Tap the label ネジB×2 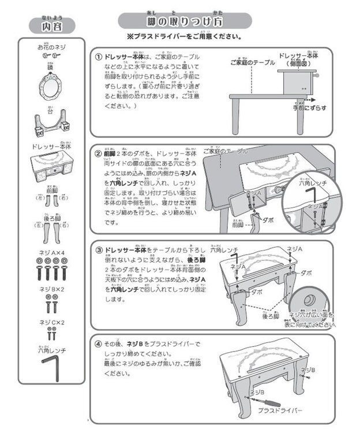click(x=51, y=288)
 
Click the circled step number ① click(x=99, y=57)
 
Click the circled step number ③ click(x=99, y=250)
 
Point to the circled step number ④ click(x=99, y=344)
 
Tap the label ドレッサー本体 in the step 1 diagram click(x=297, y=57)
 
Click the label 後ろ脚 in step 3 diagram click(x=272, y=316)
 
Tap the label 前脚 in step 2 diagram click(x=237, y=225)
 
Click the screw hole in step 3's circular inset click(x=307, y=300)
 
